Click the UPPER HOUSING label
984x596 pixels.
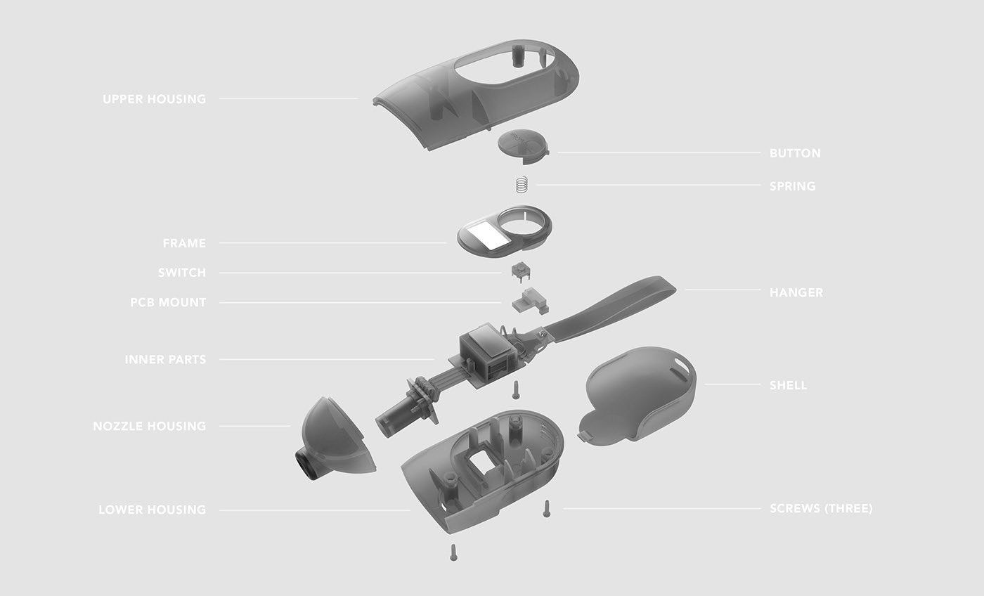155,99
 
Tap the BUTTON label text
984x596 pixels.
795,153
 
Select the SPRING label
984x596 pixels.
792,186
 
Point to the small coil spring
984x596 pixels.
521,185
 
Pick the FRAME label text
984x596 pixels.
184,243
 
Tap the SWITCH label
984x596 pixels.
182,273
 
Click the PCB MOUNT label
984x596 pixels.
168,302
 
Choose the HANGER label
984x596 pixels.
796,292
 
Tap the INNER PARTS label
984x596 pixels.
165,359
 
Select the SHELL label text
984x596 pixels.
789,385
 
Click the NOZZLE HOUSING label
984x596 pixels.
150,426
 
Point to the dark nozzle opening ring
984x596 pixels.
307,466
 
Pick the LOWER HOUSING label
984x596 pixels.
152,510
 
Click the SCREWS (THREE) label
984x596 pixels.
821,508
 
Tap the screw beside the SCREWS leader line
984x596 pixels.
546,509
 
